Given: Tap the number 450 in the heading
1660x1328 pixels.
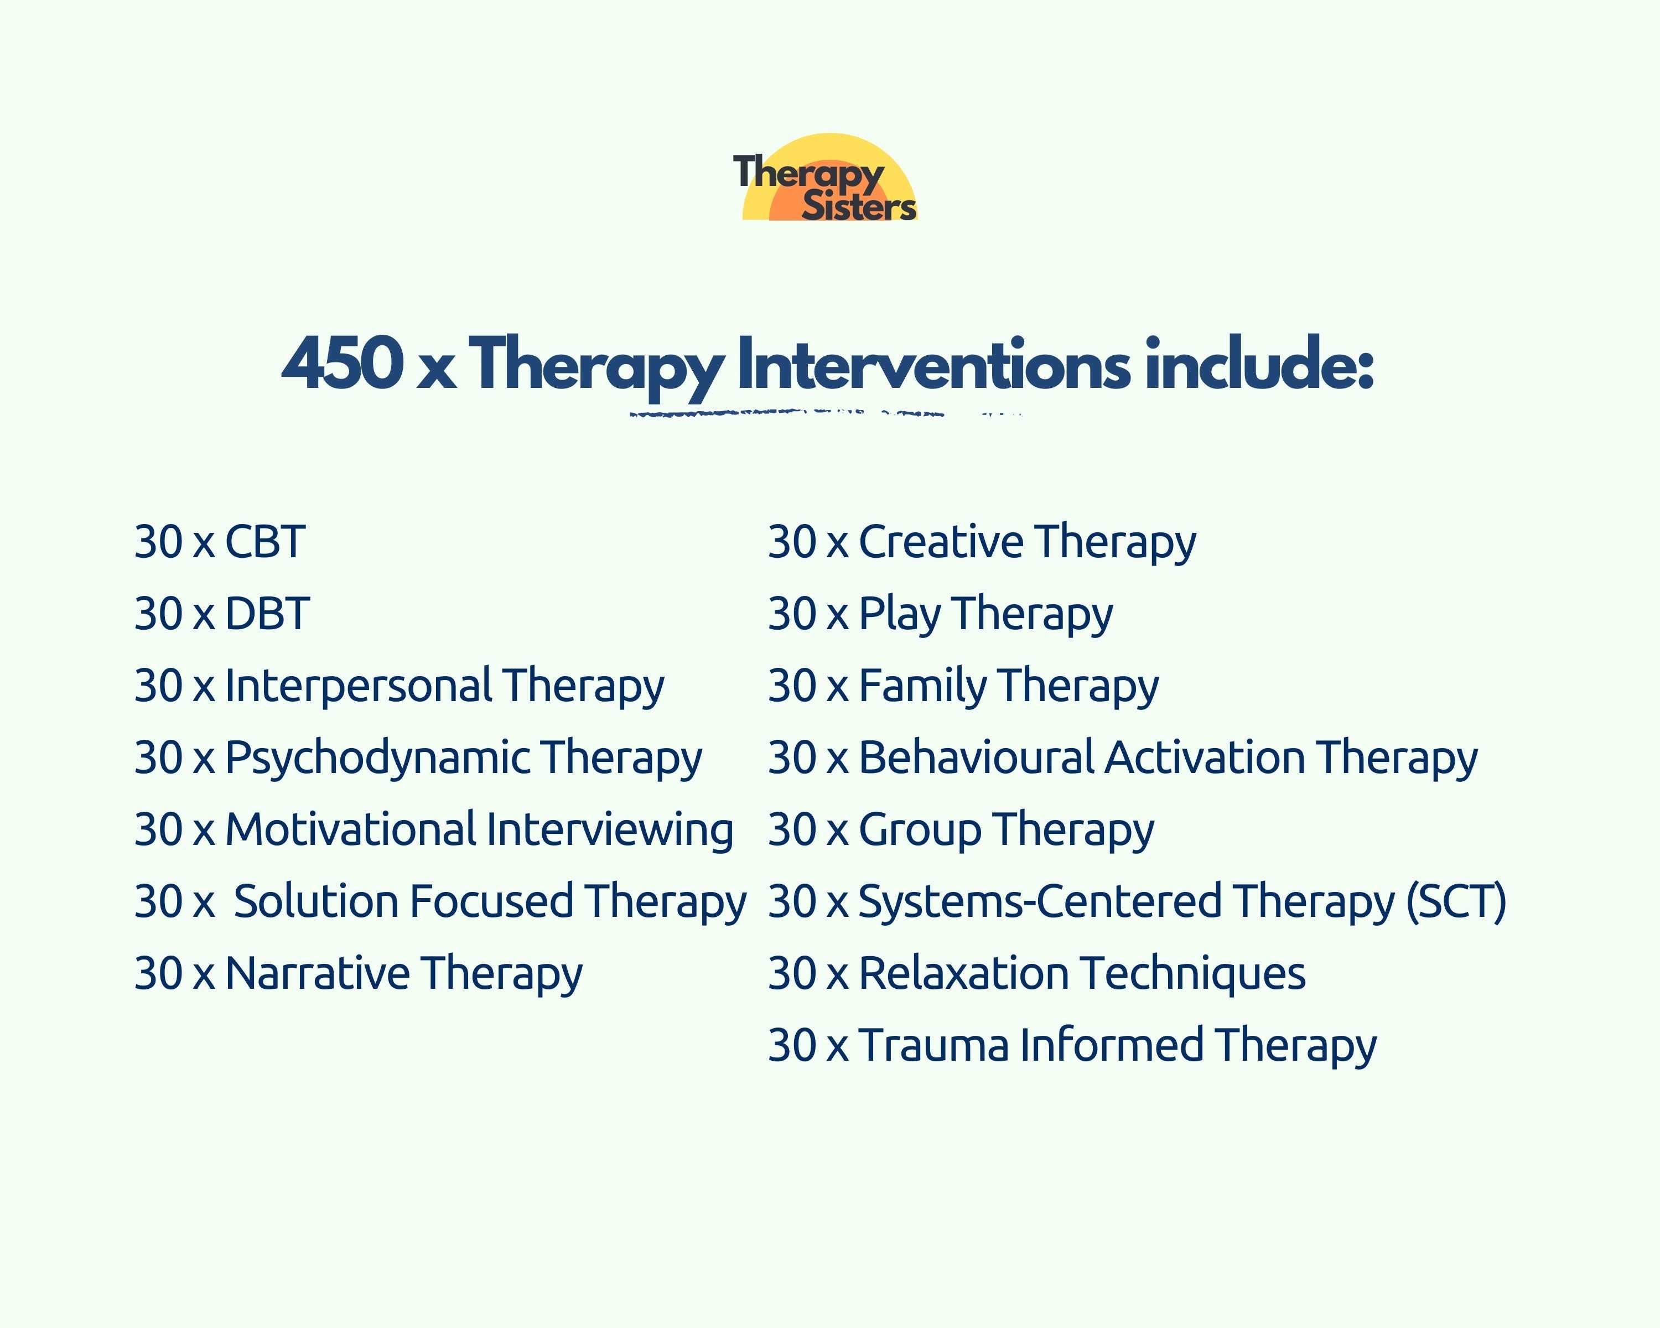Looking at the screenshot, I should (x=342, y=364).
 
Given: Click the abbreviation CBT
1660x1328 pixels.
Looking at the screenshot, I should (x=265, y=541).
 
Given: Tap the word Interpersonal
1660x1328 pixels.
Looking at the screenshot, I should (x=358, y=685).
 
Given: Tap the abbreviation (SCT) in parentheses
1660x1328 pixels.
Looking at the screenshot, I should (x=1455, y=901).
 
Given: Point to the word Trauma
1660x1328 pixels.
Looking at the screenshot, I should (x=933, y=1045).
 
